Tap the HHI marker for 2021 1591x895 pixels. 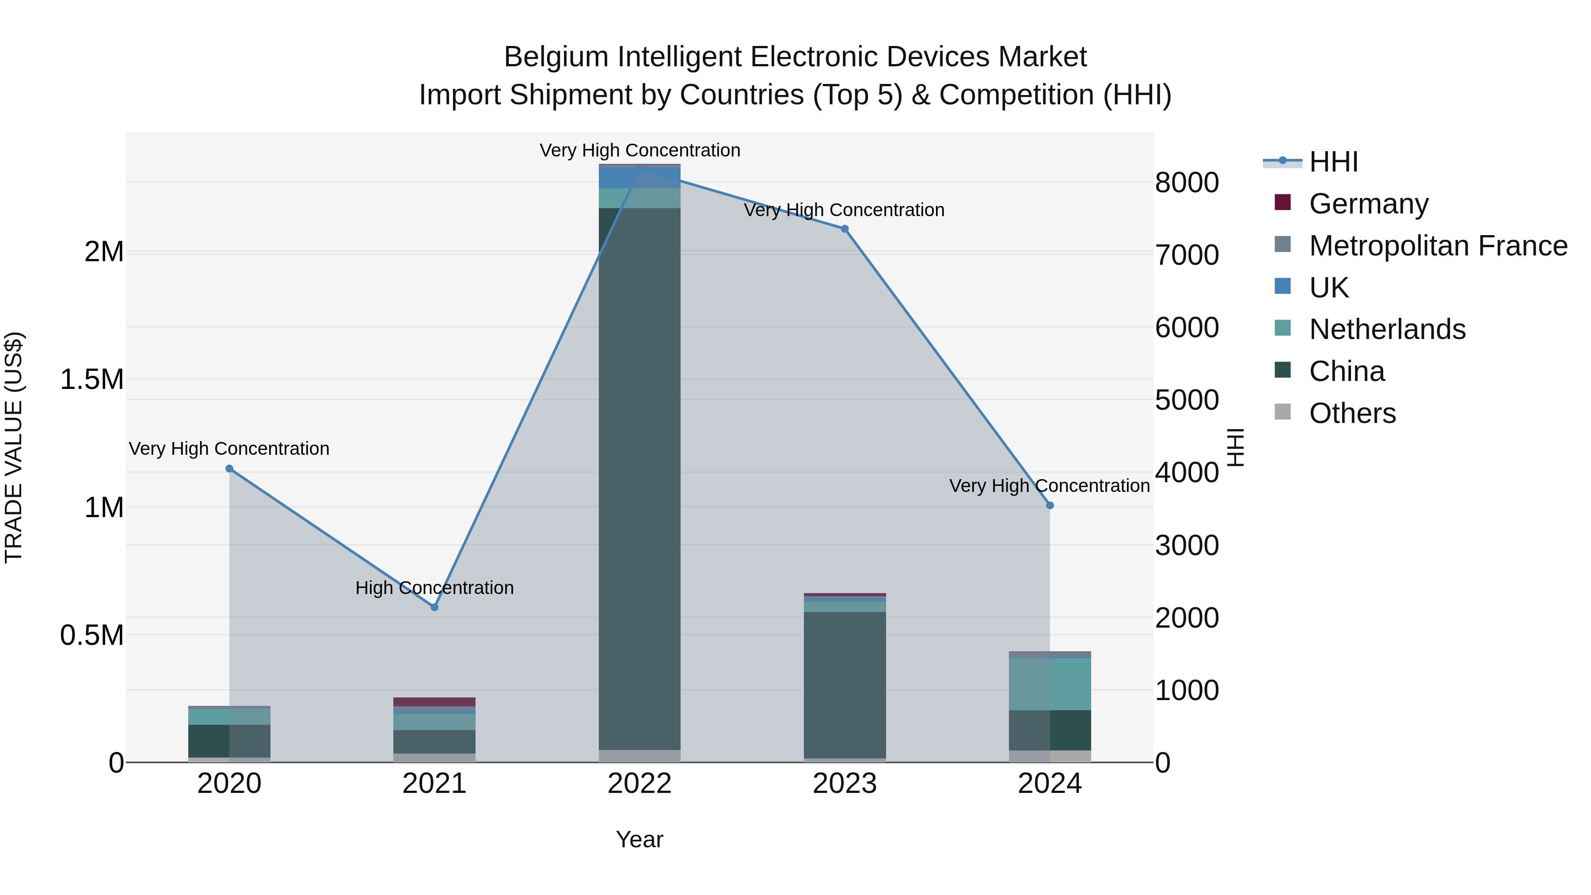pyautogui.click(x=434, y=607)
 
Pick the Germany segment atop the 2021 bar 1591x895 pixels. pyautogui.click(x=434, y=702)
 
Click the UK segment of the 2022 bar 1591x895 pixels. pyautogui.click(x=639, y=178)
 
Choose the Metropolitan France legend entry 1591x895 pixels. pyautogui.click(x=1438, y=246)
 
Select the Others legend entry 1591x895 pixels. pyautogui.click(x=1352, y=413)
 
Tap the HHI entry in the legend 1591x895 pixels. pyautogui.click(x=1333, y=162)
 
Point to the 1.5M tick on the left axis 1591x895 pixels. pyautogui.click(x=92, y=379)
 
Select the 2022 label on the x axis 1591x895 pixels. pyautogui.click(x=639, y=784)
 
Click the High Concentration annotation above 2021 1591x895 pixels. pyautogui.click(x=434, y=587)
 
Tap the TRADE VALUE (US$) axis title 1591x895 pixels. pyautogui.click(x=14, y=447)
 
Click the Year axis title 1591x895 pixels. pyautogui.click(x=639, y=839)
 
